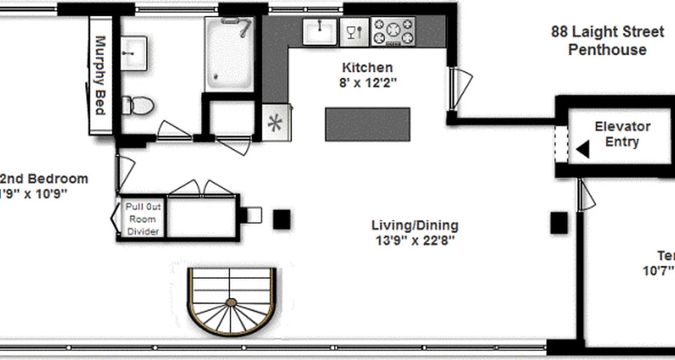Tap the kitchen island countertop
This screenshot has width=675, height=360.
pyautogui.click(x=368, y=124)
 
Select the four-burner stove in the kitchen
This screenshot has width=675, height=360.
pyautogui.click(x=393, y=31)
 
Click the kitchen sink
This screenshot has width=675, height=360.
pyautogui.click(x=320, y=32)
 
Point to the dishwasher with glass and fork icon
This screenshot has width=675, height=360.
pyautogui.click(x=354, y=32)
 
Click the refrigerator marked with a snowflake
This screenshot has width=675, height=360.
pyautogui.click(x=275, y=123)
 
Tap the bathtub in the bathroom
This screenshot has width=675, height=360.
pyautogui.click(x=229, y=54)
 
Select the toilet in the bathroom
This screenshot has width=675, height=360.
pyautogui.click(x=139, y=105)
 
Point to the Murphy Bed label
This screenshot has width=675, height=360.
pyautogui.click(x=100, y=75)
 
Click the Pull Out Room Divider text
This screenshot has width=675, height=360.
pyautogui.click(x=143, y=219)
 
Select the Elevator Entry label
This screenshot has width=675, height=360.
pyautogui.click(x=622, y=134)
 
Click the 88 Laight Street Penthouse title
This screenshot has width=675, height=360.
pyautogui.click(x=607, y=40)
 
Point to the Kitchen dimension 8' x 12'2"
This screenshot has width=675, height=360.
pyautogui.click(x=368, y=83)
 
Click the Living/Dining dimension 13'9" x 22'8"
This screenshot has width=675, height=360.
pyautogui.click(x=415, y=240)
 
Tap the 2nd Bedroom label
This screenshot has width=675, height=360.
pyautogui.click(x=43, y=179)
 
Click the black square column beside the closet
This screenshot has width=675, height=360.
pyautogui.click(x=282, y=220)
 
